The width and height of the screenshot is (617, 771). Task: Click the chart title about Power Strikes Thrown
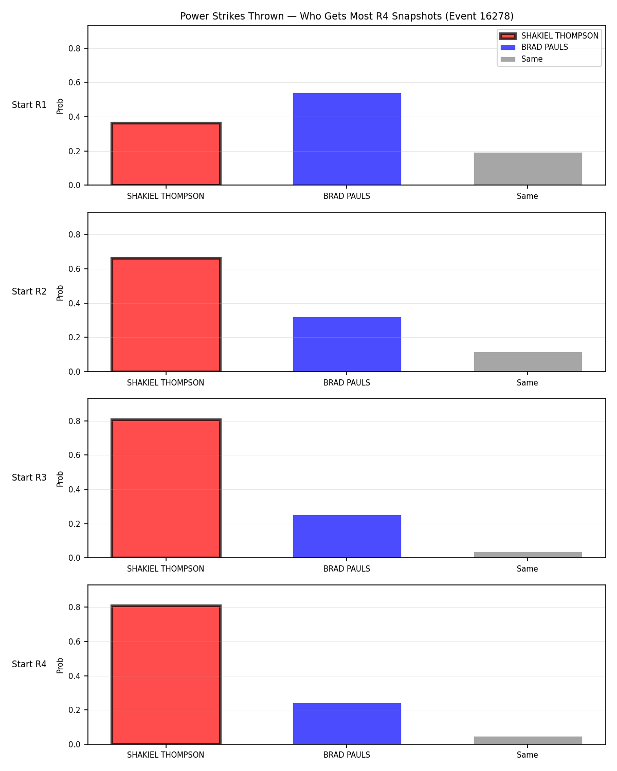pyautogui.click(x=347, y=16)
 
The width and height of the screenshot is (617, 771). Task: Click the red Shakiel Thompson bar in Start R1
pyautogui.click(x=166, y=154)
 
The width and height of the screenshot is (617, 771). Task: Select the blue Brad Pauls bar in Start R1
pyautogui.click(x=347, y=139)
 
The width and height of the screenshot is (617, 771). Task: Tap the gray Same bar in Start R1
pyautogui.click(x=528, y=169)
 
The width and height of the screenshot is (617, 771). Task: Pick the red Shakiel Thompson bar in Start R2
pyautogui.click(x=166, y=315)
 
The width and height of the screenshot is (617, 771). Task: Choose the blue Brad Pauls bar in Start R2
pyautogui.click(x=347, y=344)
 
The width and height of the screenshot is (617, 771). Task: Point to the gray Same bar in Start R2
pyautogui.click(x=528, y=362)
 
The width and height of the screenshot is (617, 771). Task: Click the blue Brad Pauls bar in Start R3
pyautogui.click(x=347, y=536)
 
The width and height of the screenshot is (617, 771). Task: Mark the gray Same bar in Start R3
pyautogui.click(x=528, y=555)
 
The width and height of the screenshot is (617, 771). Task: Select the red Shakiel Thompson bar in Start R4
pyautogui.click(x=166, y=674)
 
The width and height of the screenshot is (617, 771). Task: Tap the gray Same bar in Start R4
pyautogui.click(x=528, y=740)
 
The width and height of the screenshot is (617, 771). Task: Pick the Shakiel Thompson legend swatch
pyautogui.click(x=508, y=36)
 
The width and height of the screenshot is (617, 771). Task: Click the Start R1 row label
pyautogui.click(x=29, y=105)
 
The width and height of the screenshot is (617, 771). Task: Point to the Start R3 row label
pyautogui.click(x=29, y=478)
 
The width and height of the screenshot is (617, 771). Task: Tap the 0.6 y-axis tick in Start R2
pyautogui.click(x=74, y=269)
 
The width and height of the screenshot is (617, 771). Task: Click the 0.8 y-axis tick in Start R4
pyautogui.click(x=74, y=607)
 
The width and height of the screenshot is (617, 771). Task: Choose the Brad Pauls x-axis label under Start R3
pyautogui.click(x=347, y=569)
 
